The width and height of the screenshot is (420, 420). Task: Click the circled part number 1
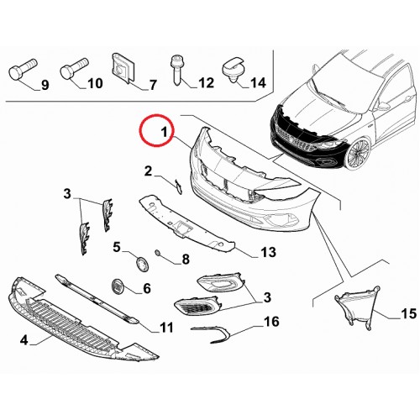pyautogui.click(x=165, y=132)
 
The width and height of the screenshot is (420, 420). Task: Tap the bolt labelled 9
pyautogui.click(x=23, y=70)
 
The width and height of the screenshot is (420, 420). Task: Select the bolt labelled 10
pyautogui.click(x=74, y=68)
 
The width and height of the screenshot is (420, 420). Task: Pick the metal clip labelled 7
pyautogui.click(x=123, y=68)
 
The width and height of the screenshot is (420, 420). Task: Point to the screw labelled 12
pyautogui.click(x=176, y=70)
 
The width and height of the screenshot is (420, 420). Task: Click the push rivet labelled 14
pyautogui.click(x=234, y=70)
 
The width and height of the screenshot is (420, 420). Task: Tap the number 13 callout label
pyautogui.click(x=268, y=252)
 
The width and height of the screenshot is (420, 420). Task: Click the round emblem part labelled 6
pyautogui.click(x=116, y=286)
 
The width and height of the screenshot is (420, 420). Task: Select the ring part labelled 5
pyautogui.click(x=142, y=264)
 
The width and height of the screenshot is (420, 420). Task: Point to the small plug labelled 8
pyautogui.click(x=158, y=254)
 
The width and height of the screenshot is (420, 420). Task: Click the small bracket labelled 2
pyautogui.click(x=178, y=186)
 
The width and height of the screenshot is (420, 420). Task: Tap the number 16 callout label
pyautogui.click(x=271, y=322)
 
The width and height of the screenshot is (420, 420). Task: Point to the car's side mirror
pyautogui.click(x=384, y=106)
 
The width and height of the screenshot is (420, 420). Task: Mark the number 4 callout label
pyautogui.click(x=24, y=340)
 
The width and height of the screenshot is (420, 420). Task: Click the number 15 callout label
pyautogui.click(x=409, y=313)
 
